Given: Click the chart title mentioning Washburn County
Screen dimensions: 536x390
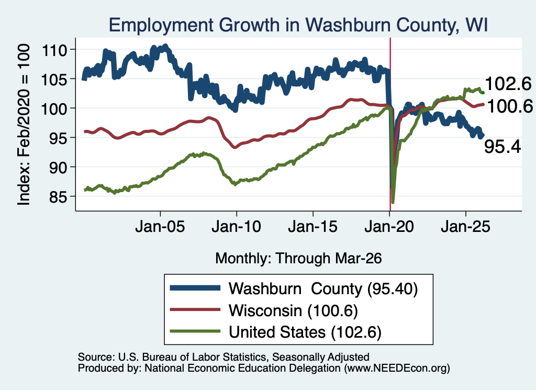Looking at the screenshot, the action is (x=298, y=25).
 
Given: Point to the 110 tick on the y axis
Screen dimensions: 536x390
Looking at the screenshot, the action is (x=54, y=50).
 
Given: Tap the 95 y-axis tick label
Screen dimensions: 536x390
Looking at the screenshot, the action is (x=58, y=138).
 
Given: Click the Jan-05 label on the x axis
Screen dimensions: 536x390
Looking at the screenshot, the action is (x=160, y=227).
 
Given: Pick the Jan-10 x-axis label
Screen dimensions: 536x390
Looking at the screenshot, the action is (x=236, y=227).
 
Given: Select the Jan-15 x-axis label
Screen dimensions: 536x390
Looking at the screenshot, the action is (x=313, y=227).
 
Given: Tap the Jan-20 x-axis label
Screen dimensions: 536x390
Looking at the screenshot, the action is (x=389, y=227).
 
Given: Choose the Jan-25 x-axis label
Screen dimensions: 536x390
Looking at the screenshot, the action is (x=465, y=227).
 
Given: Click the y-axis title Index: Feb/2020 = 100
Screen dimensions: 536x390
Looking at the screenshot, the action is (x=24, y=125).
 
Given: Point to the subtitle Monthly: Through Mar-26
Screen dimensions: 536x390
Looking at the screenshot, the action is (x=298, y=259).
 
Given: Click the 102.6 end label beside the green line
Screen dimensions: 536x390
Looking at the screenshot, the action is (x=508, y=84).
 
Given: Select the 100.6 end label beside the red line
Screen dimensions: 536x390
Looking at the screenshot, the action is (x=510, y=106).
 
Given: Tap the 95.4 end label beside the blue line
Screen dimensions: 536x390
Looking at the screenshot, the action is (x=502, y=147).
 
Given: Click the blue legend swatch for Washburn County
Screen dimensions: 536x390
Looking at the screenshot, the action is (x=195, y=288).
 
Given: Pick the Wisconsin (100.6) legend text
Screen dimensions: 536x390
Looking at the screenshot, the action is (x=293, y=311).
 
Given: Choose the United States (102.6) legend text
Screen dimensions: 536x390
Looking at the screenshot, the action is (x=305, y=332).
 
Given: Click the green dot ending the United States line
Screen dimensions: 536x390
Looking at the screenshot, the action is (x=483, y=93).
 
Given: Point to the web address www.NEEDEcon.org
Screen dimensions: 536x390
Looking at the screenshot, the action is (x=397, y=368).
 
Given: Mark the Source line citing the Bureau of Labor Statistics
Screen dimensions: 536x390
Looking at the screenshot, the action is (x=224, y=357).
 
